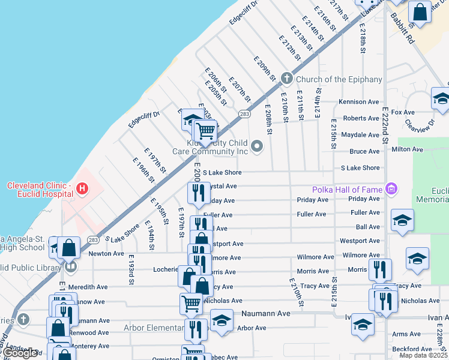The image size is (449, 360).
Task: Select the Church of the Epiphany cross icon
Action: [287, 78]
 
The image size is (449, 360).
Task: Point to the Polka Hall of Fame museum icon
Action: [392, 190]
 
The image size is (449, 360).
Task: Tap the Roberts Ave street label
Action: [362, 119]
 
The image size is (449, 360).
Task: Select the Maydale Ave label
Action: [360, 135]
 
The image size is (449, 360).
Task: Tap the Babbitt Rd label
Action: [402, 30]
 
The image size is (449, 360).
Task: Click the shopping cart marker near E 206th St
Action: [205, 130]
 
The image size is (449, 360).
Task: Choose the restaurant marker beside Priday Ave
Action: [197, 193]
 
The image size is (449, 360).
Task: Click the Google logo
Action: [20, 353]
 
